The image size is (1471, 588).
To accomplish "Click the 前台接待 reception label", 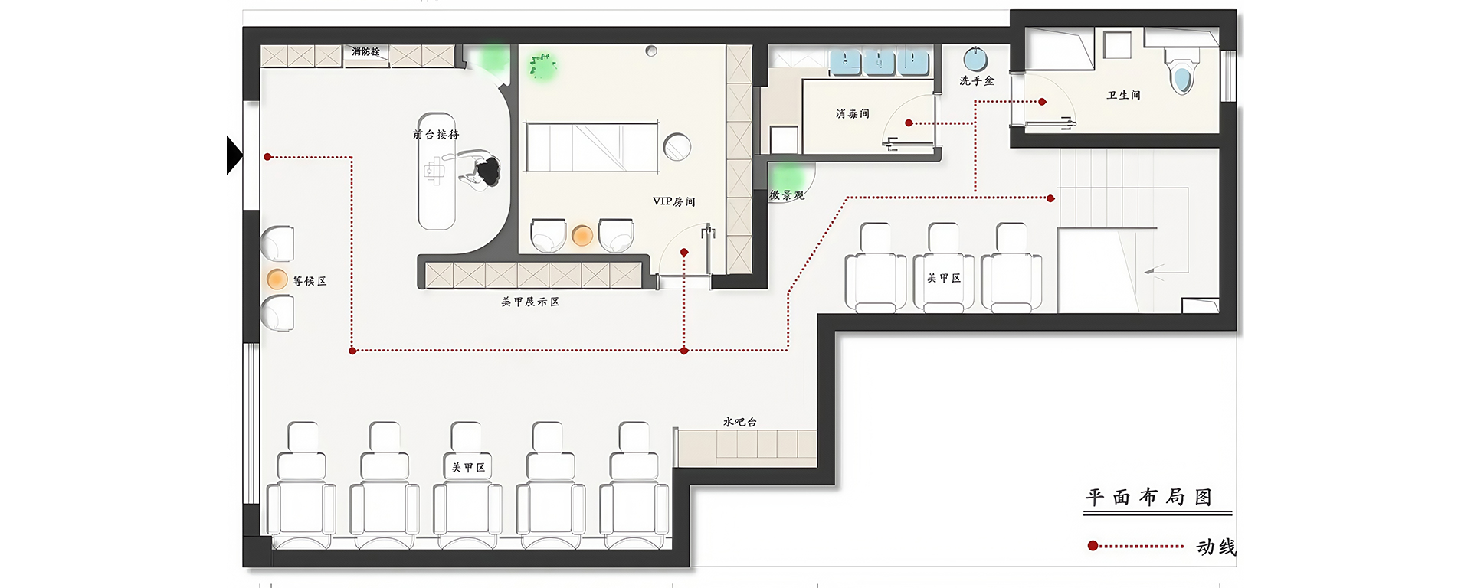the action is pyautogui.click(x=436, y=135).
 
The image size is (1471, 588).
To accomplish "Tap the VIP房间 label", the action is pyautogui.click(x=674, y=201).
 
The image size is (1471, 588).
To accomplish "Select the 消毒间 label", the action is pyautogui.click(x=853, y=113).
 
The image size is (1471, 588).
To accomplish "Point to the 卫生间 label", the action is pyautogui.click(x=1123, y=95).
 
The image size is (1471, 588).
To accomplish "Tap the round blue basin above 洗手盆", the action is pyautogui.click(x=975, y=59).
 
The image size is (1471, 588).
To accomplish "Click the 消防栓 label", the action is pyautogui.click(x=365, y=52).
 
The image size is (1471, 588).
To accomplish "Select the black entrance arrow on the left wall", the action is pyautogui.click(x=234, y=155).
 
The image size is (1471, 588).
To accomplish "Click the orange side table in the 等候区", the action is pyautogui.click(x=277, y=279).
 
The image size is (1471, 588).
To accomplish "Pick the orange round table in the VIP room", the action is pyautogui.click(x=582, y=236).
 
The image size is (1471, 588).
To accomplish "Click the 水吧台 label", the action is pyautogui.click(x=739, y=422).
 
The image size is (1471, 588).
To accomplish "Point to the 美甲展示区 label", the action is pyautogui.click(x=530, y=302).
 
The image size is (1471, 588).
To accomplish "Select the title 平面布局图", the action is pyautogui.click(x=1148, y=498).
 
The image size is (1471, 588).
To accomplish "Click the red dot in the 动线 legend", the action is pyautogui.click(x=1093, y=546).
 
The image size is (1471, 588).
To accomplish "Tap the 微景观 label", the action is pyautogui.click(x=787, y=195).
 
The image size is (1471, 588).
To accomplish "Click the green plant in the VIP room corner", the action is pyautogui.click(x=542, y=66).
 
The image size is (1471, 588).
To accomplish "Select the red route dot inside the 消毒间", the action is pyautogui.click(x=909, y=123).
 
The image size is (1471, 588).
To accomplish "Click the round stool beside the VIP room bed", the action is pyautogui.click(x=677, y=146).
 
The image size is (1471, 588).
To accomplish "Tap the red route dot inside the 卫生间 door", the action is pyautogui.click(x=1042, y=102).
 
